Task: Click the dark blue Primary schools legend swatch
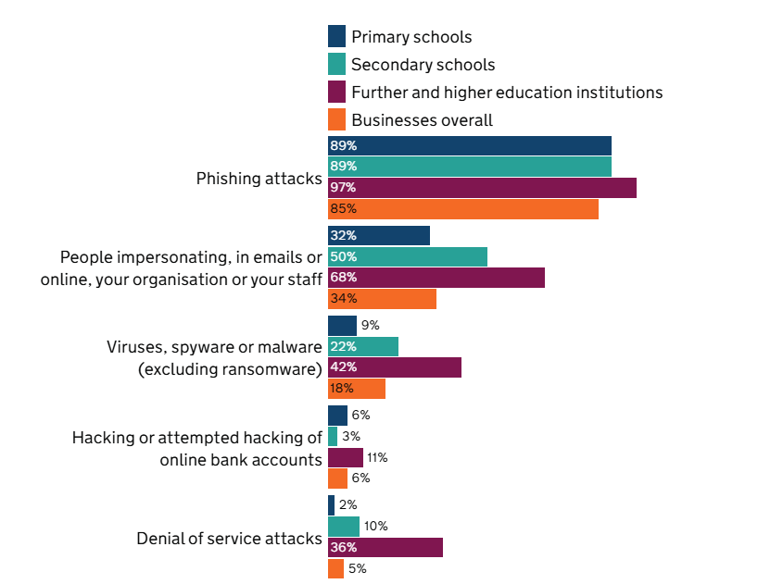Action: click(336, 37)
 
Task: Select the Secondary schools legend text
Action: click(423, 65)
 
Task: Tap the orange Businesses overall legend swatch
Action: click(336, 119)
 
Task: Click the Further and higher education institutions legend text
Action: click(507, 93)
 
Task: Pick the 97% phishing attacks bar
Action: click(482, 188)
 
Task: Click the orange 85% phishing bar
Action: click(463, 209)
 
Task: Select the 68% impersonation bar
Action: click(436, 278)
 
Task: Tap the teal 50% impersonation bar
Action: click(408, 256)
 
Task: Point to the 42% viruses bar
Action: click(395, 367)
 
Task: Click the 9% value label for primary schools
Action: click(370, 326)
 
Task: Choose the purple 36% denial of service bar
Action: click(385, 548)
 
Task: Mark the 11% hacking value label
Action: click(376, 457)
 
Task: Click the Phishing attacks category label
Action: click(259, 179)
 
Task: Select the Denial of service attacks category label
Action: click(229, 538)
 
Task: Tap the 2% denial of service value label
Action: click(347, 505)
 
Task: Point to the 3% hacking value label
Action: click(350, 436)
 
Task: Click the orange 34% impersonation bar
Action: click(382, 299)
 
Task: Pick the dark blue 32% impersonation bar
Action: click(379, 235)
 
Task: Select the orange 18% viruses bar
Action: click(357, 389)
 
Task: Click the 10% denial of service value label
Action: click(375, 527)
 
